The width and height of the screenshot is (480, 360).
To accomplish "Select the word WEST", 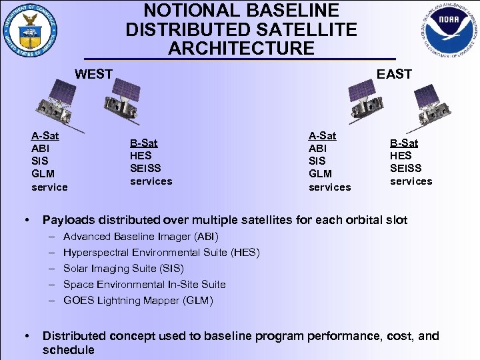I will (93, 74).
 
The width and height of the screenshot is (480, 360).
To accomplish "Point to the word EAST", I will (394, 74).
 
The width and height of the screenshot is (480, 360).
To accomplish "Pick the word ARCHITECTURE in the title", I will (241, 49).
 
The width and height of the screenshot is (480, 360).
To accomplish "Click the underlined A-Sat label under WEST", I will (45, 136).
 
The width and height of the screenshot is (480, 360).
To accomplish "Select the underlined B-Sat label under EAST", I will (404, 143).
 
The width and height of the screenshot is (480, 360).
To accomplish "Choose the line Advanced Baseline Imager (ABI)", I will (141, 237).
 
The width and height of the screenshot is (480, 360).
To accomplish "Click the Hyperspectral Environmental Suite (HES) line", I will (161, 253).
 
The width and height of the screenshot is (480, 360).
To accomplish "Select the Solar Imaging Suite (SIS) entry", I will (123, 269).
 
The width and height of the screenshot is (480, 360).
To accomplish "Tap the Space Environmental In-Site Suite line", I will (144, 285).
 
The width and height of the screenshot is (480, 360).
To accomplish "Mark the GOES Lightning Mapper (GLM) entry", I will (138, 301).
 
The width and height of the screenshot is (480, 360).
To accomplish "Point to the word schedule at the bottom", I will (68, 350).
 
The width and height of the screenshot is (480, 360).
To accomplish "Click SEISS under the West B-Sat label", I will (145, 169).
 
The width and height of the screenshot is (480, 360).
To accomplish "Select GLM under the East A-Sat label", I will (321, 174).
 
